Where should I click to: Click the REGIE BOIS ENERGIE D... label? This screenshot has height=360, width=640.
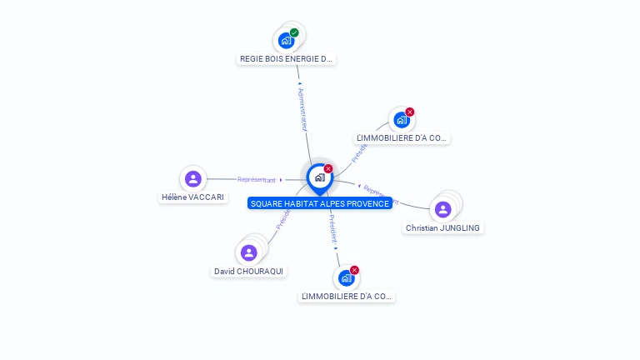[286, 59]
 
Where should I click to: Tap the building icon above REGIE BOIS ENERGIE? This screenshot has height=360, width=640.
[286, 40]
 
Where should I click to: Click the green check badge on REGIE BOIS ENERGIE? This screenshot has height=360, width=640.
[294, 32]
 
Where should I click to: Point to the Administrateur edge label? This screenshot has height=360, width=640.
[303, 109]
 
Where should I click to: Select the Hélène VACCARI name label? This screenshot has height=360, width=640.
[192, 197]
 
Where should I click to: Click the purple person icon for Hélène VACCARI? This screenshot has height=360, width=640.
[193, 178]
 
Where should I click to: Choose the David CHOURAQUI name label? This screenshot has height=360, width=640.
[248, 272]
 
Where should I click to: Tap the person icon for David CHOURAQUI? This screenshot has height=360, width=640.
[248, 252]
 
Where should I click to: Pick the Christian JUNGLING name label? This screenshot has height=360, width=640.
[443, 228]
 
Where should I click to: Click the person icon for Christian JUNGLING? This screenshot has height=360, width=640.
[443, 209]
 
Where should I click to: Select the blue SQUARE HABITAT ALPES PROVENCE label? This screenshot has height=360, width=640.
[319, 203]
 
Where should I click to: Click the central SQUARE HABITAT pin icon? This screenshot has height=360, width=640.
[319, 177]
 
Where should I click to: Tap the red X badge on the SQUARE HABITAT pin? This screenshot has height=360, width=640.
[328, 168]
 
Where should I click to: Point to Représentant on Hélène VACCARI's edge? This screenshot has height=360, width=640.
[256, 179]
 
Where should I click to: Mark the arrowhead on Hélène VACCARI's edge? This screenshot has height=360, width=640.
[282, 179]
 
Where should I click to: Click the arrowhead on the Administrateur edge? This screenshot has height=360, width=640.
[298, 83]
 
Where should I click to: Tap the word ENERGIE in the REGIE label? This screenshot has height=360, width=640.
[301, 59]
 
